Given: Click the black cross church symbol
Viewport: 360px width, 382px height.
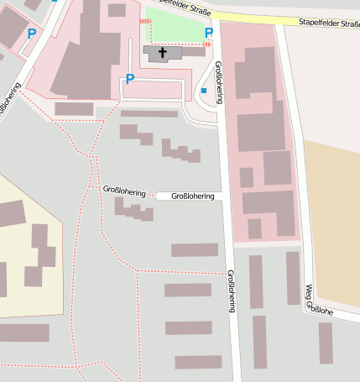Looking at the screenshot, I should [163, 53].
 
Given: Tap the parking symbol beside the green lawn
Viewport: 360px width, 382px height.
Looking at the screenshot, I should [209, 33].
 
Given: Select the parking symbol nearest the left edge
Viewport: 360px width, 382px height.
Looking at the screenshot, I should [32, 34].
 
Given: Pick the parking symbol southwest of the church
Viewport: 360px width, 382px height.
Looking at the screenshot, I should [129, 79].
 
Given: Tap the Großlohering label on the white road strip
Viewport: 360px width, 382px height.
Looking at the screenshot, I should [192, 196].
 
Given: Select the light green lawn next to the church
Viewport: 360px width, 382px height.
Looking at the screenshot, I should [175, 27].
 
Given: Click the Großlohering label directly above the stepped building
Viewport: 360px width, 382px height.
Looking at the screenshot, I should [123, 191].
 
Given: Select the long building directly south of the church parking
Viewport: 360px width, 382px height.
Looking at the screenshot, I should [149, 113].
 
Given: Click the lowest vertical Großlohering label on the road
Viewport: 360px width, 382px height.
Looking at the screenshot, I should [231, 290].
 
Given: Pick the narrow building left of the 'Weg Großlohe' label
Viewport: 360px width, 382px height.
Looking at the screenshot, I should [293, 278].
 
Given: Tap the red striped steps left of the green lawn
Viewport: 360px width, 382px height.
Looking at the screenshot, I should [144, 20].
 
